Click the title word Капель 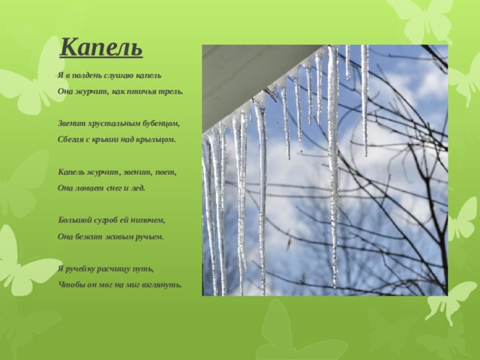[101, 47]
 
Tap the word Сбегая [70, 140]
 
